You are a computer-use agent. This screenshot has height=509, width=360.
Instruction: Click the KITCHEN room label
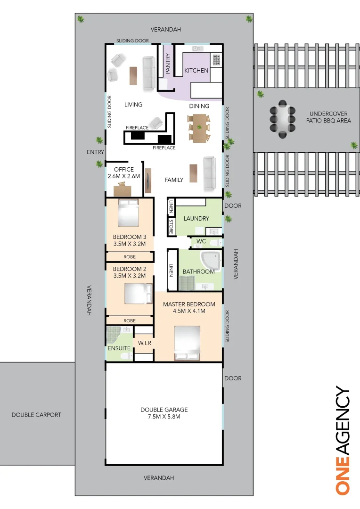coord(196,71)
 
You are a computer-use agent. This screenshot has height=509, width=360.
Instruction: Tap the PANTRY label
coord(168,64)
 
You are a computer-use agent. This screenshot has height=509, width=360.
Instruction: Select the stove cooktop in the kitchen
coord(216,59)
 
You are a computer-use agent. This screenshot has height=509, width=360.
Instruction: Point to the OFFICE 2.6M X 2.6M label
coord(124,172)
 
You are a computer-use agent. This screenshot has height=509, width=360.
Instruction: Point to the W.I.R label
coord(144,343)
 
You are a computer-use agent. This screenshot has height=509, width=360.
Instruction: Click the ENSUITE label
coord(119,348)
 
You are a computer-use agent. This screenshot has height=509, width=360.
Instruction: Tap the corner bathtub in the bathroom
coord(210,261)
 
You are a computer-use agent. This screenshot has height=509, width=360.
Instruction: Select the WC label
coord(201,241)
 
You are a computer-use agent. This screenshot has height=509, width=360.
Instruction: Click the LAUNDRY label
coord(196,219)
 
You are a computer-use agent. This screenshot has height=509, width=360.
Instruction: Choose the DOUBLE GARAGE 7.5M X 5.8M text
coord(164,413)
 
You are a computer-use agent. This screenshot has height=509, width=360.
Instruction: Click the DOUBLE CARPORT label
coord(36,415)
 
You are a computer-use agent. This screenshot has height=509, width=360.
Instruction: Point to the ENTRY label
coord(95,152)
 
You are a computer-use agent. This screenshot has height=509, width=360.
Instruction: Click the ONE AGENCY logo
coord(343,440)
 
